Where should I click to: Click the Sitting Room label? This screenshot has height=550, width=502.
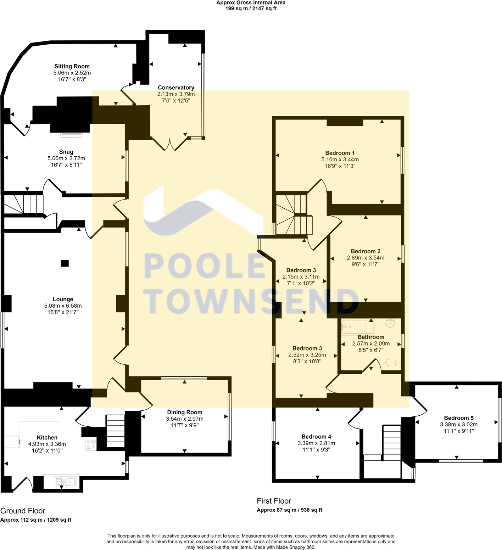pyautogui.click(x=72, y=66)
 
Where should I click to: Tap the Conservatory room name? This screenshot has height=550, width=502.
pyautogui.click(x=176, y=88)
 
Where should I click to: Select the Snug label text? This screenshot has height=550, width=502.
pyautogui.click(x=66, y=152)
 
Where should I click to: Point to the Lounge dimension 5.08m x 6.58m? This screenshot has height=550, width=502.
pyautogui.click(x=63, y=306)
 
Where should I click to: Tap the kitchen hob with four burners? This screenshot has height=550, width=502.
pyautogui.click(x=91, y=444)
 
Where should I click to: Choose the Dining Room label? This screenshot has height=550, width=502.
pyautogui.click(x=185, y=412)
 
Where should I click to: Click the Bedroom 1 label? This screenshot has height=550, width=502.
pyautogui.click(x=340, y=153)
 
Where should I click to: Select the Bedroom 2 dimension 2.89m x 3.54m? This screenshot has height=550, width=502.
pyautogui.click(x=366, y=258)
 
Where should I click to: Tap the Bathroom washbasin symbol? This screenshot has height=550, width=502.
pyautogui.click(x=390, y=323)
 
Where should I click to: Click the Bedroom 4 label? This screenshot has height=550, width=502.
pyautogui.click(x=316, y=437)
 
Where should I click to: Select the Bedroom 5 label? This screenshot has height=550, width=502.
pyautogui.click(x=459, y=418)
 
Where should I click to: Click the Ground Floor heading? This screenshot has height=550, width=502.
pyautogui.click(x=23, y=511)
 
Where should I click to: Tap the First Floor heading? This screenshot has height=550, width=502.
pyautogui.click(x=274, y=501)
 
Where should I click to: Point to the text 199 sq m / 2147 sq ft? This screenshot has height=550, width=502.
pyautogui.click(x=251, y=9)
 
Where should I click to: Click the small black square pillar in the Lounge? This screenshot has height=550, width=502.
pyautogui.click(x=65, y=263)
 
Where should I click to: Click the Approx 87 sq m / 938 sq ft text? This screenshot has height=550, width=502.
pyautogui.click(x=289, y=510)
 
